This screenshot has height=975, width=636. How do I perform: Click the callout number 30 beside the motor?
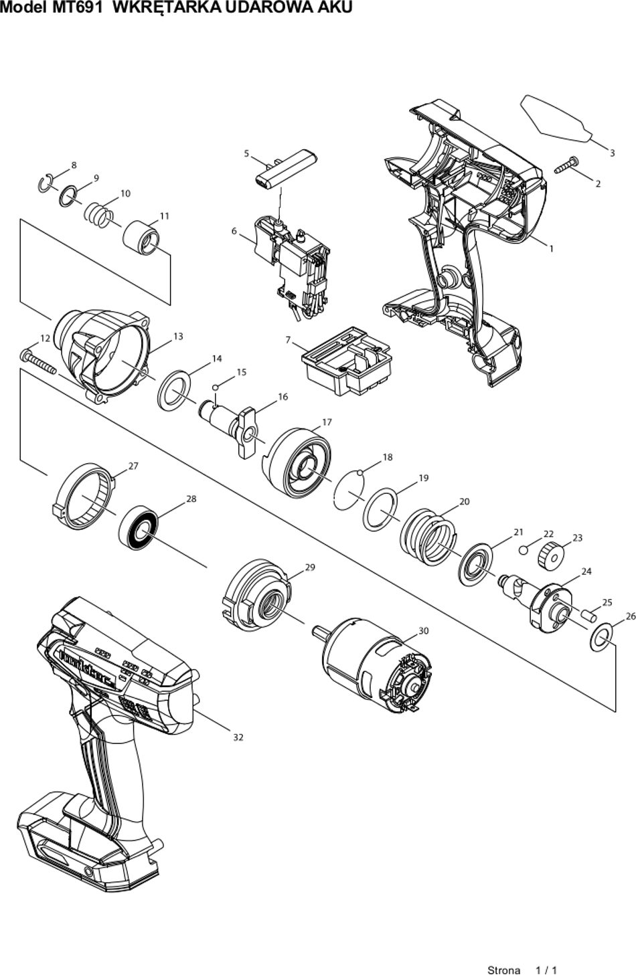423,630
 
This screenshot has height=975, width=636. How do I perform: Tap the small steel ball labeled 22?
524,550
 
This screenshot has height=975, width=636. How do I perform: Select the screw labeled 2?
566,165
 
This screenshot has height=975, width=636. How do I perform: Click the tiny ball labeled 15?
215,387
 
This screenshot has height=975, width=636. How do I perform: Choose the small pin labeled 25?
589,615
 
